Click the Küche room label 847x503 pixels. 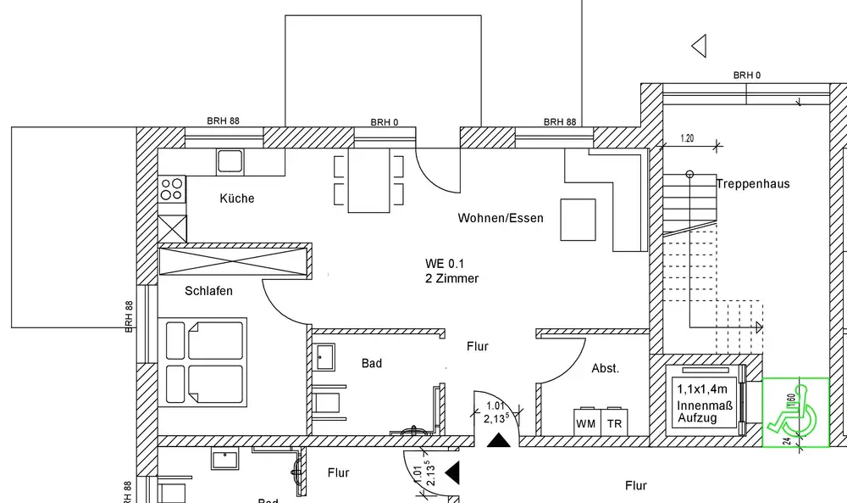(x=237, y=198)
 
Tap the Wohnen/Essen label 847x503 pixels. (x=501, y=218)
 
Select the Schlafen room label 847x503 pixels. (x=208, y=291)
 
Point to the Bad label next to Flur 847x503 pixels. (x=372, y=363)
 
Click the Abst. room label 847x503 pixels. (x=606, y=368)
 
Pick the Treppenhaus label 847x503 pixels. (x=752, y=183)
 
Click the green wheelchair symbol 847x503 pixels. (x=795, y=412)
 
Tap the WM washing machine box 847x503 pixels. (x=586, y=423)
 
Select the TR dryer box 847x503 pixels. (x=614, y=423)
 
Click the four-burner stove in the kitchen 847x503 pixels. (x=172, y=188)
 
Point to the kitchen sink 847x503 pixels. (x=230, y=160)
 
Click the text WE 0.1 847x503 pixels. (x=446, y=263)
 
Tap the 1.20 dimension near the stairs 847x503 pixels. (x=687, y=138)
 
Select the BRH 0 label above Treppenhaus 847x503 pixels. (x=747, y=75)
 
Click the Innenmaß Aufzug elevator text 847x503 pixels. (x=698, y=413)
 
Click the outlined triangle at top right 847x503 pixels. (x=700, y=46)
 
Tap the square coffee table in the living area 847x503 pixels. (x=578, y=220)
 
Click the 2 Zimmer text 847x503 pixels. (x=451, y=278)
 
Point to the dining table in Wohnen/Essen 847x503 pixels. (x=368, y=182)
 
